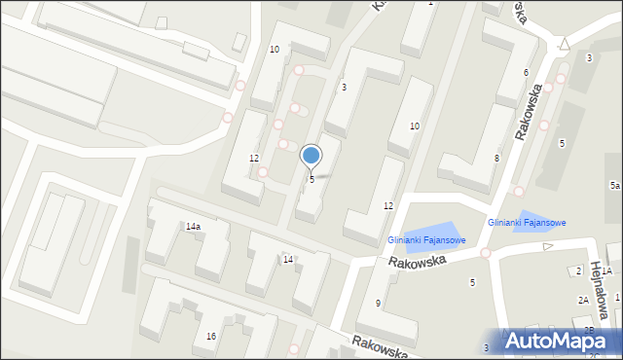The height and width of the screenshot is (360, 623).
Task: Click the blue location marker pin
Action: point(311,156)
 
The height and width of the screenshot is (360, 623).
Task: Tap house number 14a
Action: point(193,227)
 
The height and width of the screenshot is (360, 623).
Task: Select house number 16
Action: point(210,337)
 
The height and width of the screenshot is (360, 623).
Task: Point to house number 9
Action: point(378,304)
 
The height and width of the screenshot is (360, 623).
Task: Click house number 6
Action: point(526,73)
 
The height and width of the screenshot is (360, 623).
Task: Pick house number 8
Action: point(495,158)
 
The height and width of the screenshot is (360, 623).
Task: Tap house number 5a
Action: point(614,185)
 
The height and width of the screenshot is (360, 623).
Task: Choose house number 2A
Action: point(583,301)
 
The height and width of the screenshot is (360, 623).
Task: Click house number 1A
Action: point(605,271)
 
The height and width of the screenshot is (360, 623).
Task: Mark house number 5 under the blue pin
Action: point(311,179)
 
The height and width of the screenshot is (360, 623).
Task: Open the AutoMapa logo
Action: point(562,341)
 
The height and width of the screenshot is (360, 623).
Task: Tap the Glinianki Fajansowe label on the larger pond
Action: point(426,239)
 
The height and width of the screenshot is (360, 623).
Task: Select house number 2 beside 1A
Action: point(578,270)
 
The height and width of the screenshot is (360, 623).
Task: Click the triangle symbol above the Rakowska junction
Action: point(564,44)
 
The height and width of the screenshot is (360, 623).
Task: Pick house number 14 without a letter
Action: point(288,259)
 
